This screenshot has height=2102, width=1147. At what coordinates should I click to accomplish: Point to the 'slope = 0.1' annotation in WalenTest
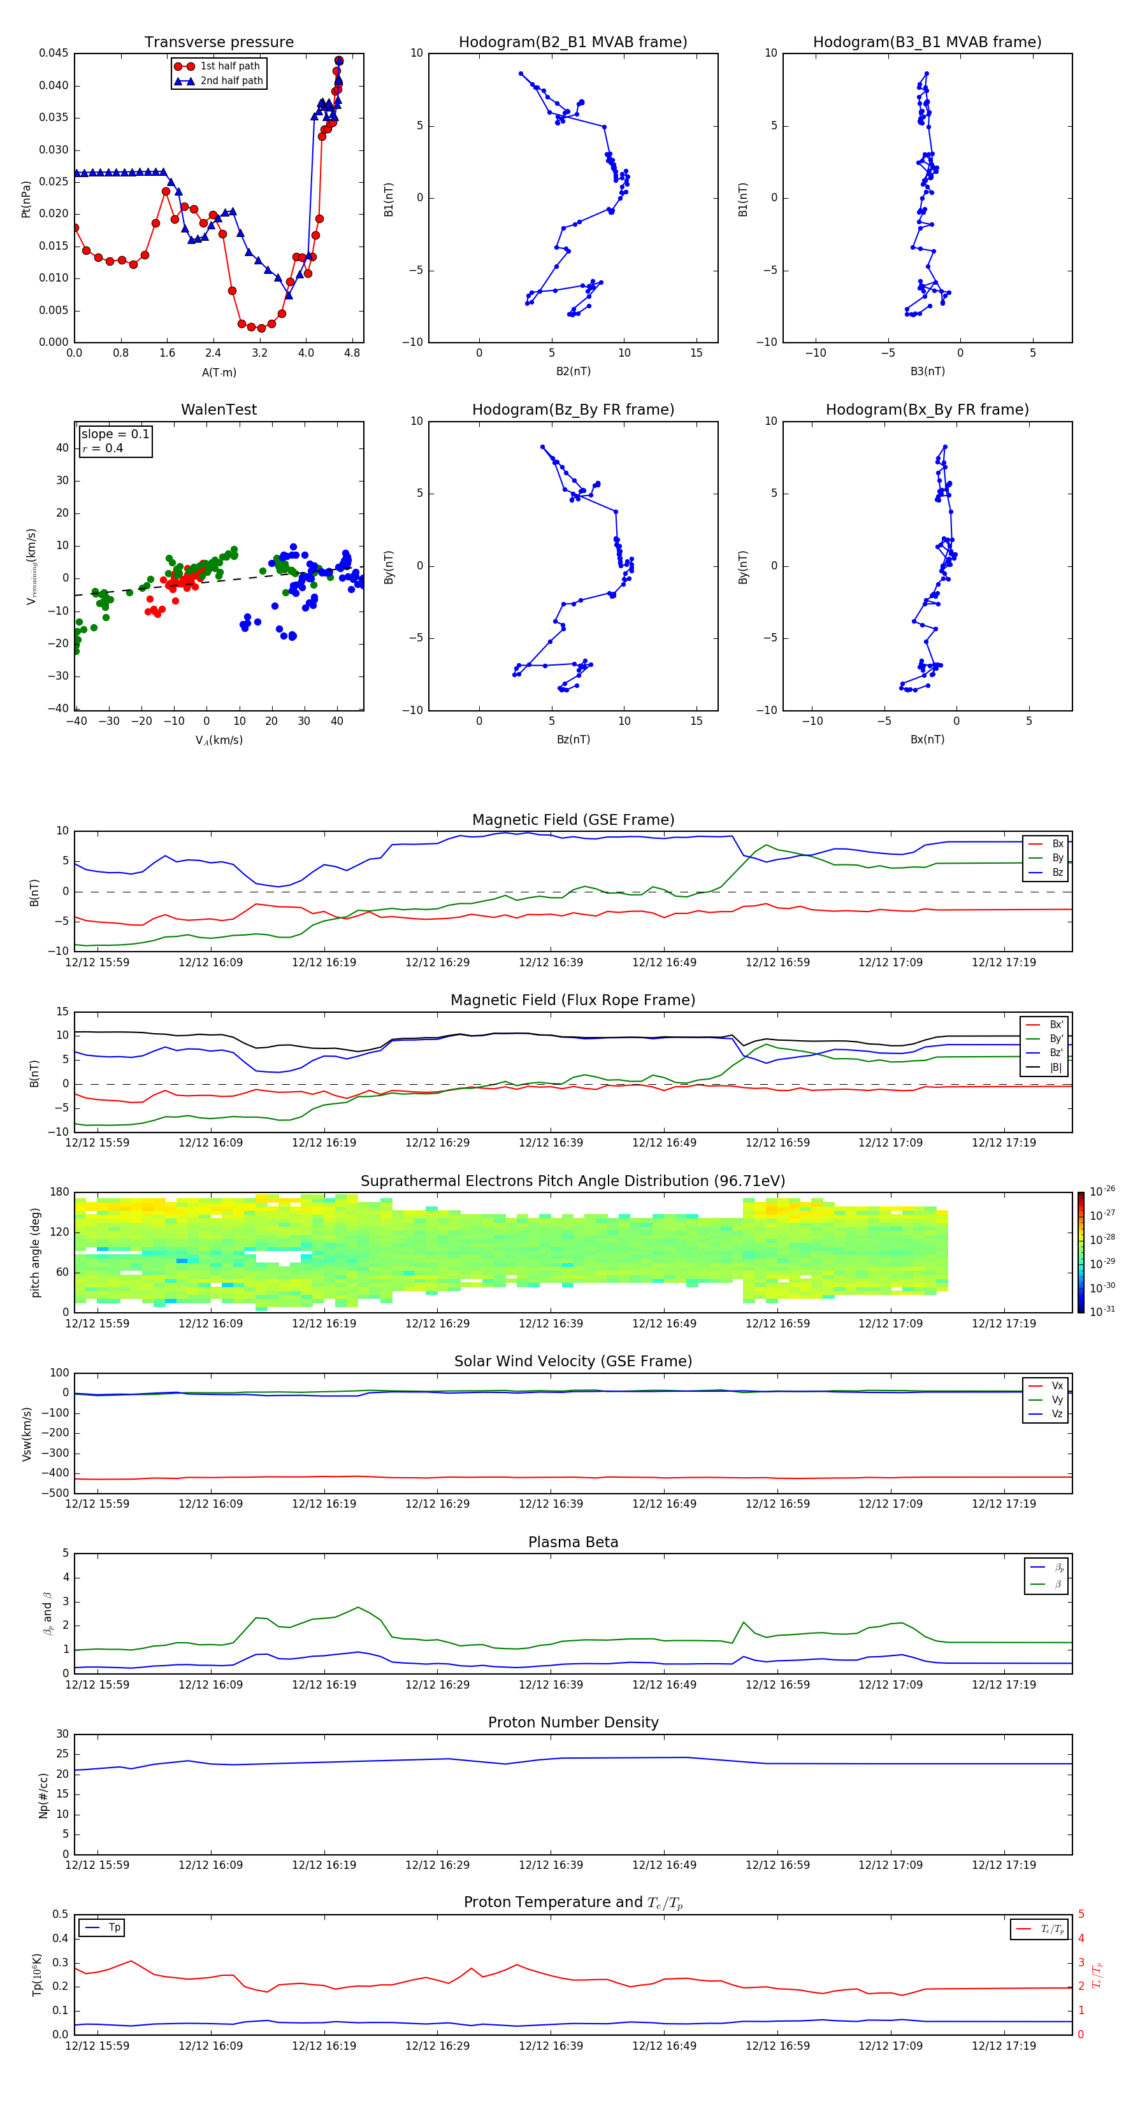[115, 434]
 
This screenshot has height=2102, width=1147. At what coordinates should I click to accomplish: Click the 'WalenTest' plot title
[219, 410]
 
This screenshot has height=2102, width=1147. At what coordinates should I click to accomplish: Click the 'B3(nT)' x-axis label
[927, 371]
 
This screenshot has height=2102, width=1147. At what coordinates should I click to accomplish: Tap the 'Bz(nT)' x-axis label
[573, 740]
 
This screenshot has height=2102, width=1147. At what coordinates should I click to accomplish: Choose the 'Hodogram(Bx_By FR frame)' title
[927, 410]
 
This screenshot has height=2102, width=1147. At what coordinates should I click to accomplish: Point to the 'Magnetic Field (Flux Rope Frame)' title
[572, 1001]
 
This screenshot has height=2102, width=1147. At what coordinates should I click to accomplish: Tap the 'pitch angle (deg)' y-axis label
[35, 1252]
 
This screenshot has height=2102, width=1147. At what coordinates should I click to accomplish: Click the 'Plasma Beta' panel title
[572, 1542]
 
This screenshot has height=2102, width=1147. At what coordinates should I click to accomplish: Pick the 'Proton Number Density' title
[572, 1722]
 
